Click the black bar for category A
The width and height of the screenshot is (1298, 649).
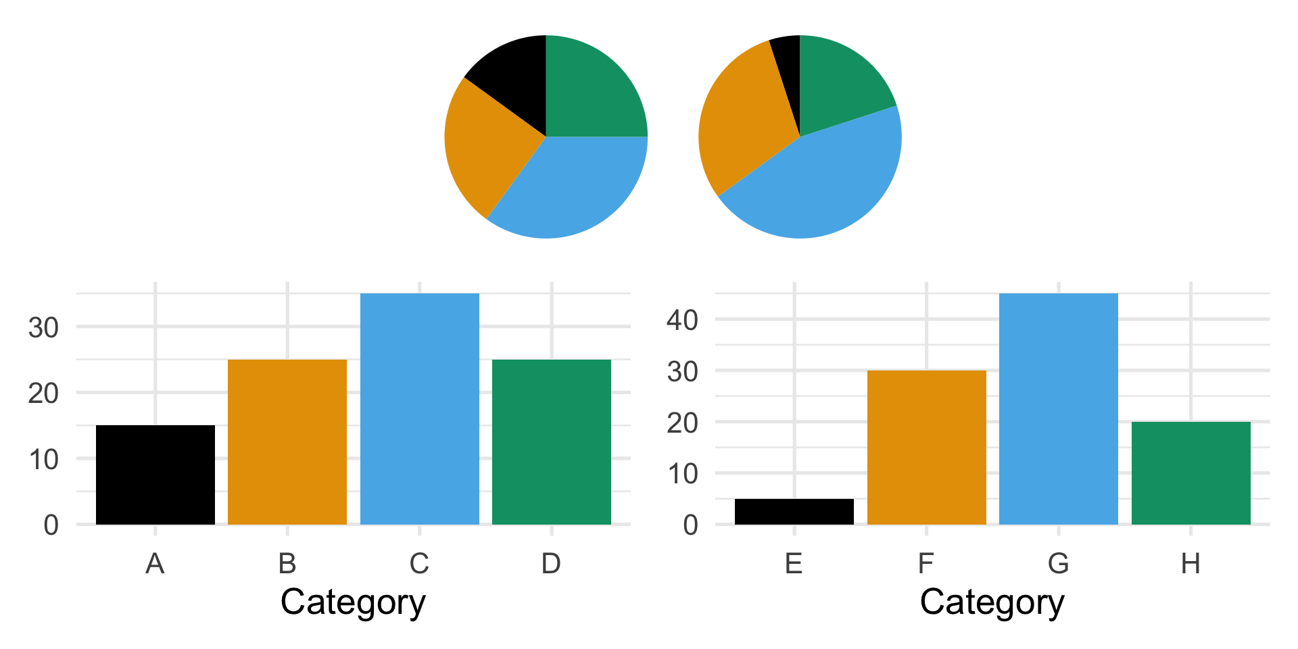pos(155,475)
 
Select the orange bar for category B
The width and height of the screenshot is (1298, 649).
pos(287,442)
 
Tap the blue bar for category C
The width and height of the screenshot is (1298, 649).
pos(420,409)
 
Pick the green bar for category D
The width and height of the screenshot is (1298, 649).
pos(552,442)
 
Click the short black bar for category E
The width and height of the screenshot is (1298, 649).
pos(794,512)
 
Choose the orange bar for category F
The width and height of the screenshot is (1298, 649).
pos(927,448)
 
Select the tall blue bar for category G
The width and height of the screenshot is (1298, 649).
pos(1059,409)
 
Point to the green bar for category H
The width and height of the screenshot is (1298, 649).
pos(1191,473)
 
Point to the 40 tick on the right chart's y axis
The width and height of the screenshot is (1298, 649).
pos(682,320)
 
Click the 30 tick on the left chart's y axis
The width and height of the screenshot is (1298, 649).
pos(43,328)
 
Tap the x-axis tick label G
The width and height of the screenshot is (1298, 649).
pos(1059,563)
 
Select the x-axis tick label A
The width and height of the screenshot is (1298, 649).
pos(155,563)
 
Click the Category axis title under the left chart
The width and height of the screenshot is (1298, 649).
pos(353,602)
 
